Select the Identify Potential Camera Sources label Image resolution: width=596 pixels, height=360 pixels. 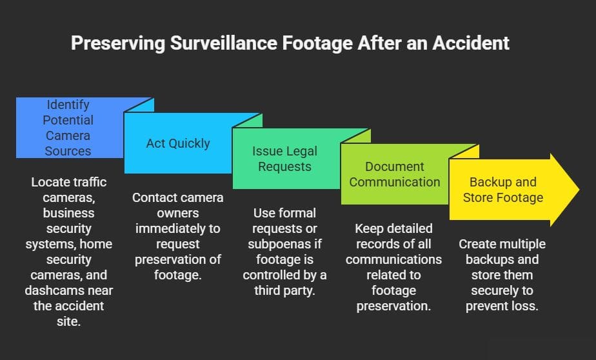click(68, 128)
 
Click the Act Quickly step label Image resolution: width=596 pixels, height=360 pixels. click(178, 143)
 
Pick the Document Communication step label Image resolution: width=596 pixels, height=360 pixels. click(394, 174)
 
